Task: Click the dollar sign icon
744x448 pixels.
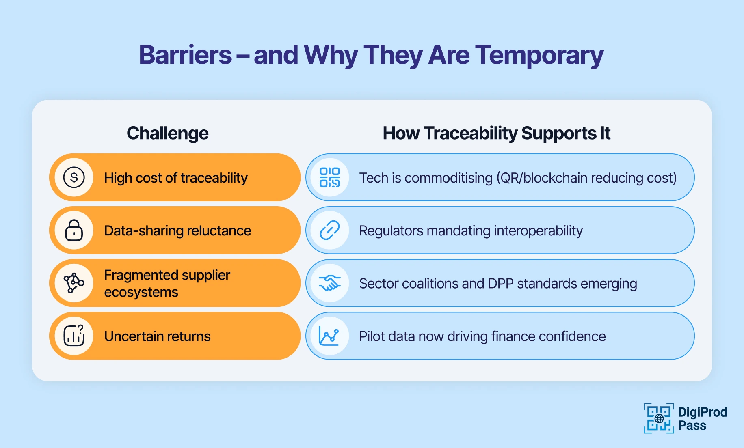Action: pos(74,177)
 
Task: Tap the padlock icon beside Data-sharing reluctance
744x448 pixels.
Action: pos(74,230)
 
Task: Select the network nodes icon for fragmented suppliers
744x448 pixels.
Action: pos(74,283)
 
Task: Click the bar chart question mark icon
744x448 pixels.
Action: pos(74,336)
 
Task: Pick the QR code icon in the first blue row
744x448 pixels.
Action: pos(329,177)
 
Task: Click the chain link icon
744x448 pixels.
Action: pos(329,230)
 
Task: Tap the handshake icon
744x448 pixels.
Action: pos(329,283)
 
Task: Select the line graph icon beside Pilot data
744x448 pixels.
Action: pos(329,336)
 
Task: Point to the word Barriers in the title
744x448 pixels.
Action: pos(185,55)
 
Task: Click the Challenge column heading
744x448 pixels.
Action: pos(167,134)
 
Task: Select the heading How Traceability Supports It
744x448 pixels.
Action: pos(496,134)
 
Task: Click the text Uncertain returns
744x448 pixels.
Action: pos(157,336)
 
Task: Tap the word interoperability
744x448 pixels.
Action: pos(538,231)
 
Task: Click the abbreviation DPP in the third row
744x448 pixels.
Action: pos(501,284)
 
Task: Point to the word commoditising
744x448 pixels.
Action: pos(448,178)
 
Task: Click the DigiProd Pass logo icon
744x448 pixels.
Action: pos(658,418)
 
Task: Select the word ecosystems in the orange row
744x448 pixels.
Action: pos(141,292)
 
